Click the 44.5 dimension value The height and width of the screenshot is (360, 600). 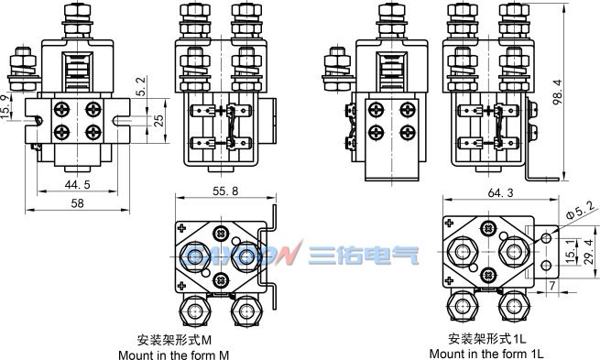[x=77, y=185]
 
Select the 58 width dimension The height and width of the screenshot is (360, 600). [x=77, y=203]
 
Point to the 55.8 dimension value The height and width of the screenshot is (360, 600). [x=225, y=191]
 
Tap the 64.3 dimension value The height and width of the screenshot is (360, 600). [x=500, y=192]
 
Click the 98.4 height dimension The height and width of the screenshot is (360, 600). [x=558, y=93]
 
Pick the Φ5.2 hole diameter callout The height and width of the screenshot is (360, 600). [x=582, y=211]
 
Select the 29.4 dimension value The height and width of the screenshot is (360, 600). [x=589, y=251]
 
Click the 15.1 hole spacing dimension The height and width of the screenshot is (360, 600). [x=570, y=251]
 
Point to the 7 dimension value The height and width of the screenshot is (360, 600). [x=552, y=286]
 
